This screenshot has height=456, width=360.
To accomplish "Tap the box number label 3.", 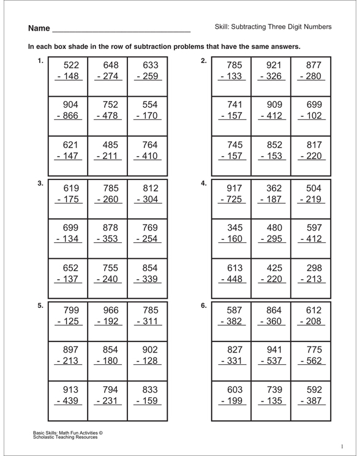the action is coord(40,183).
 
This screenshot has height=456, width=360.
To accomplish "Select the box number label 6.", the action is coord(204,305).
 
